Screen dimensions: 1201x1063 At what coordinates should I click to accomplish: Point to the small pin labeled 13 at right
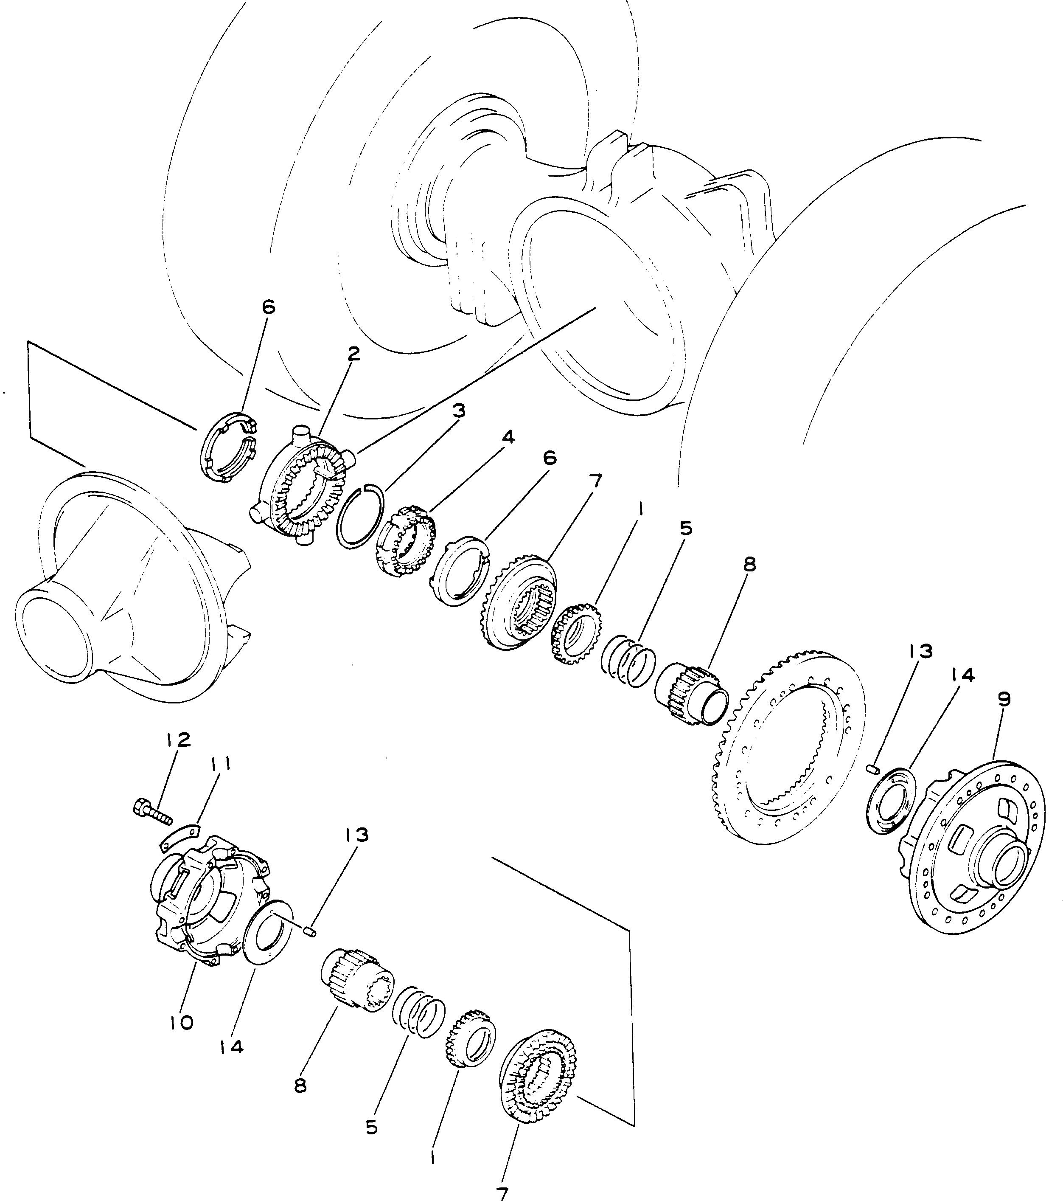[872, 768]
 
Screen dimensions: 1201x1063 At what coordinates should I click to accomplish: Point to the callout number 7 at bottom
[503, 1193]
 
